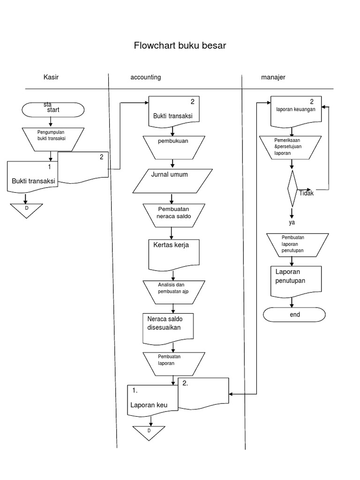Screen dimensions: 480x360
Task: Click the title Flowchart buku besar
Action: tap(180, 45)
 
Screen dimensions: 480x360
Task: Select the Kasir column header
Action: tap(51, 77)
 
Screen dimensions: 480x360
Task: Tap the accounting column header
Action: tap(145, 77)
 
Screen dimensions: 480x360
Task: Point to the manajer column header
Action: tap(273, 77)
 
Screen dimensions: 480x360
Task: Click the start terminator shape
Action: tap(53, 109)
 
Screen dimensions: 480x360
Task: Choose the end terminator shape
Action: tap(294, 315)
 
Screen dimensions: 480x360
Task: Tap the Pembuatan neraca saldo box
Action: tap(173, 214)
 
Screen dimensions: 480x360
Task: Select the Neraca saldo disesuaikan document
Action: tap(168, 327)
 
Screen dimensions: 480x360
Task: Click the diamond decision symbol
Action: tap(292, 188)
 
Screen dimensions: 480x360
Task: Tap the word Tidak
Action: tap(306, 193)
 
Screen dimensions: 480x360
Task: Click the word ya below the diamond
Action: tap(292, 222)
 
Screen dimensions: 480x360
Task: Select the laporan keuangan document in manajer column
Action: tap(296, 112)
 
